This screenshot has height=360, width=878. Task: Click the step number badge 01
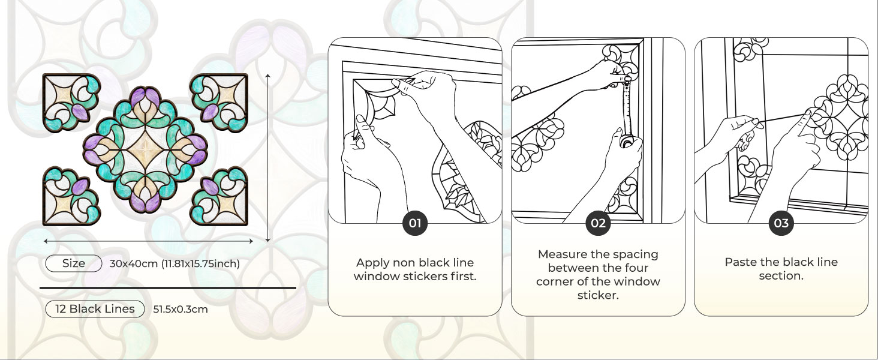click(x=415, y=224)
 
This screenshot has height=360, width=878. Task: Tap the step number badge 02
click(x=598, y=224)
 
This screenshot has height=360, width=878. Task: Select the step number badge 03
click(x=781, y=224)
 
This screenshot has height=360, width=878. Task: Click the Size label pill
click(x=74, y=263)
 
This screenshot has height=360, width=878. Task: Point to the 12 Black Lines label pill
click(x=95, y=309)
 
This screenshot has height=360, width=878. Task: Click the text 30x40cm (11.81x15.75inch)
click(x=175, y=263)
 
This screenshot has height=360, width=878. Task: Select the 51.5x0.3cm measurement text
click(x=181, y=310)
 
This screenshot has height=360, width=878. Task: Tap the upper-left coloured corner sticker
click(x=71, y=101)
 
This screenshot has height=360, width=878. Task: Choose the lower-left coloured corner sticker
click(x=71, y=197)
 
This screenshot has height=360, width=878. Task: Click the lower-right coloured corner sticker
click(x=220, y=197)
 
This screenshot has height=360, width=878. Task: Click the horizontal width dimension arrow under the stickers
click(x=149, y=241)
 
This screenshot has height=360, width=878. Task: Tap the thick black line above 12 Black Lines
click(x=168, y=288)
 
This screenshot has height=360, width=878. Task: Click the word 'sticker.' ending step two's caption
click(x=598, y=295)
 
